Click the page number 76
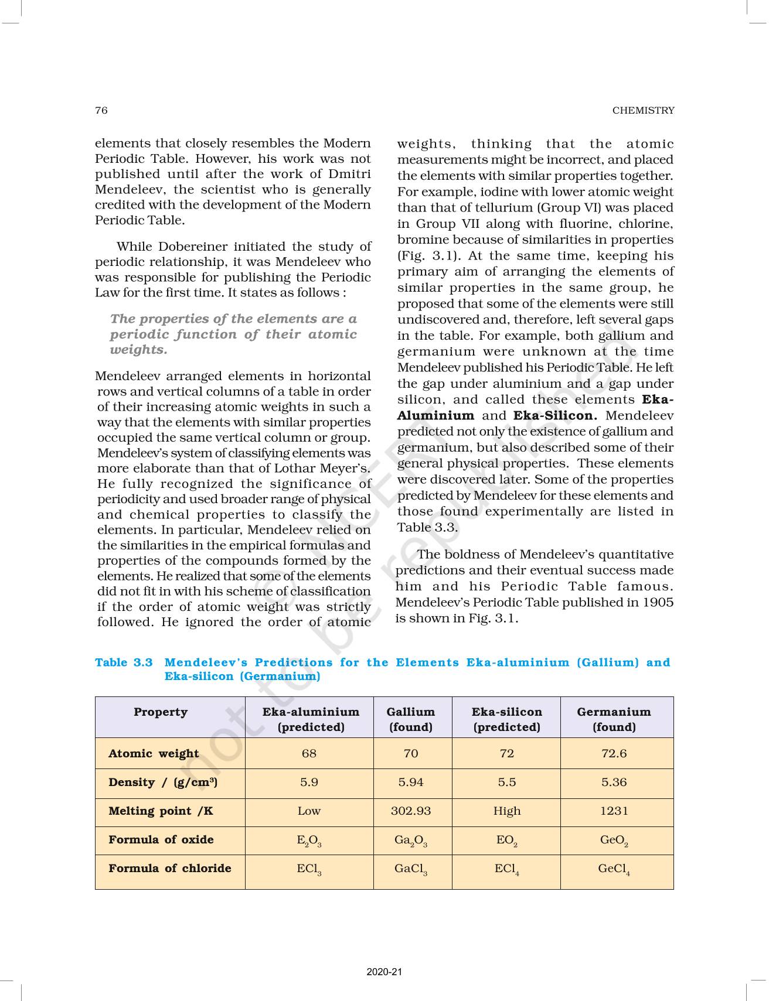click(x=101, y=110)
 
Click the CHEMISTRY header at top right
click(x=643, y=110)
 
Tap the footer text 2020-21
click(x=384, y=972)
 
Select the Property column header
click(x=160, y=712)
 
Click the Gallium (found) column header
click(x=410, y=719)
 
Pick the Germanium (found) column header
click(x=614, y=719)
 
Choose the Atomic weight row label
click(x=154, y=753)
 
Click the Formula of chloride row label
click(x=169, y=868)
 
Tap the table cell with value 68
click(x=309, y=753)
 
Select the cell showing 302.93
click(x=410, y=811)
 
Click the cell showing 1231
click(x=614, y=811)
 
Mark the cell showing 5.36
click(x=614, y=782)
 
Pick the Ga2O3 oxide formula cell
click(x=410, y=841)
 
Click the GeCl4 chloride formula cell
click(x=614, y=869)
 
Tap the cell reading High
click(x=506, y=811)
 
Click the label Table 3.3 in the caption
click(x=124, y=662)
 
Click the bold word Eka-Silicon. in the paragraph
click(x=555, y=415)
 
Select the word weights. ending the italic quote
click(x=138, y=350)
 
